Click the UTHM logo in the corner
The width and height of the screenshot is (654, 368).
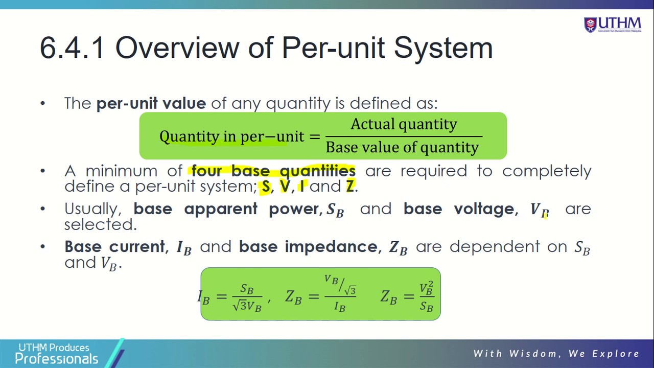pos(612,24)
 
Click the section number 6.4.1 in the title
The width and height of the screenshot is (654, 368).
pos(72,48)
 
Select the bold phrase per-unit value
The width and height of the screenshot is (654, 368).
pos(151,103)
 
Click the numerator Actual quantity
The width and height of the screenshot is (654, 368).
pos(404,124)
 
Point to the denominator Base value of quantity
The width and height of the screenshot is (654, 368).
pos(402,148)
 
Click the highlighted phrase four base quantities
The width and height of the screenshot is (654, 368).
pos(273,171)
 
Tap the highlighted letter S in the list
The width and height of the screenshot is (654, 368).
pos(266,187)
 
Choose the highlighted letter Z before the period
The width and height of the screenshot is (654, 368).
pos(350,187)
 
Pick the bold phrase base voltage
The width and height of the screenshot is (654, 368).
pos(458,209)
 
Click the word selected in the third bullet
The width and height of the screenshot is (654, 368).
pos(100,224)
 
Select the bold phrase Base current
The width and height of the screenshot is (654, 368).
pos(114,247)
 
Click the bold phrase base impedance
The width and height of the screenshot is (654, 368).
pos(308,247)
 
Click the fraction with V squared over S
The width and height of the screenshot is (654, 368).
pos(426,296)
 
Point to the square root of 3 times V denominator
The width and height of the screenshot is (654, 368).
pos(247,306)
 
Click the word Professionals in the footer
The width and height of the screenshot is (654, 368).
pos(56,359)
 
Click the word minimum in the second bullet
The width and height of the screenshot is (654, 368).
pos(121,171)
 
